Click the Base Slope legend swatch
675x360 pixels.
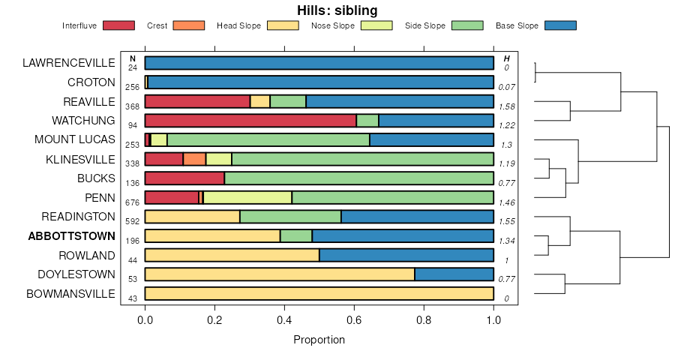560,25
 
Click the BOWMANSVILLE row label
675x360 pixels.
70,294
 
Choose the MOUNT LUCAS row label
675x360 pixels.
75,139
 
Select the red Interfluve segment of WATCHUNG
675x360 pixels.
250,121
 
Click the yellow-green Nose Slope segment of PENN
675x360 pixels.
247,197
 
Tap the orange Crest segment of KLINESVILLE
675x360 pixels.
194,159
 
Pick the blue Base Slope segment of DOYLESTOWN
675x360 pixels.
454,274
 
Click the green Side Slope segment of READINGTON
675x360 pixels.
290,217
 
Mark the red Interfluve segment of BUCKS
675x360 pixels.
184,178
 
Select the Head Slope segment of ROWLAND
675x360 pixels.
232,255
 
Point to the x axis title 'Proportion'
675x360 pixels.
319,340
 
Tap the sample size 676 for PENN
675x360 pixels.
133,202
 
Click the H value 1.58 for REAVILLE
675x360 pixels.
507,106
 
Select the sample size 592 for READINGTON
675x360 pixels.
133,222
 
